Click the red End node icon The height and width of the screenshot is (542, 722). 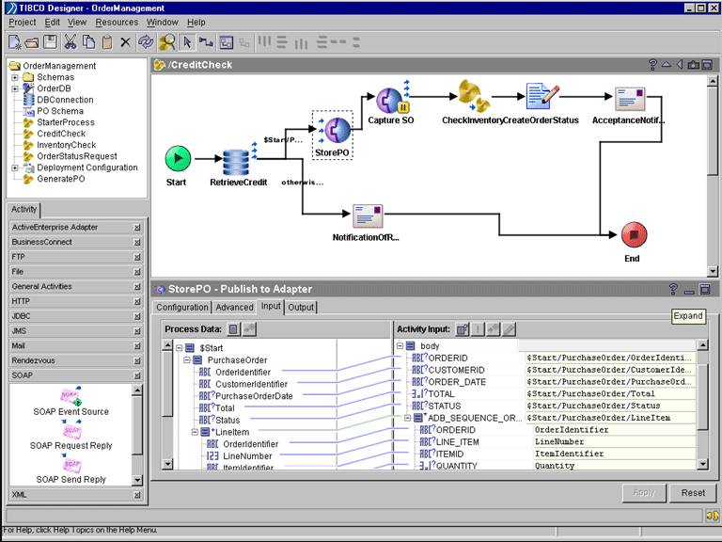coord(632,235)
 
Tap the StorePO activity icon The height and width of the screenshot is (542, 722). coord(332,129)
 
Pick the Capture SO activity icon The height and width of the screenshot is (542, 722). coord(389,99)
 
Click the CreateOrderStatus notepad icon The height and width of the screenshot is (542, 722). coord(540,97)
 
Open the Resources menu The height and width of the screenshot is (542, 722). coord(117,22)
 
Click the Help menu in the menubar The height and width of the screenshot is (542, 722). coord(196,22)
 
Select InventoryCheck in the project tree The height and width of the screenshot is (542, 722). coord(66,145)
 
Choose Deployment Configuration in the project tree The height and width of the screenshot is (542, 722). coord(86,167)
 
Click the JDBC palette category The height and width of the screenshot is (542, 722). coord(23,315)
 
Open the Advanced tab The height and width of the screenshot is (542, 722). coord(234,307)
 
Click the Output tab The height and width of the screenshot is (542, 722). coord(301,307)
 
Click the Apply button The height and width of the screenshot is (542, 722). coord(644,493)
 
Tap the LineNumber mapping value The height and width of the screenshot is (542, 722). coord(558,442)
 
